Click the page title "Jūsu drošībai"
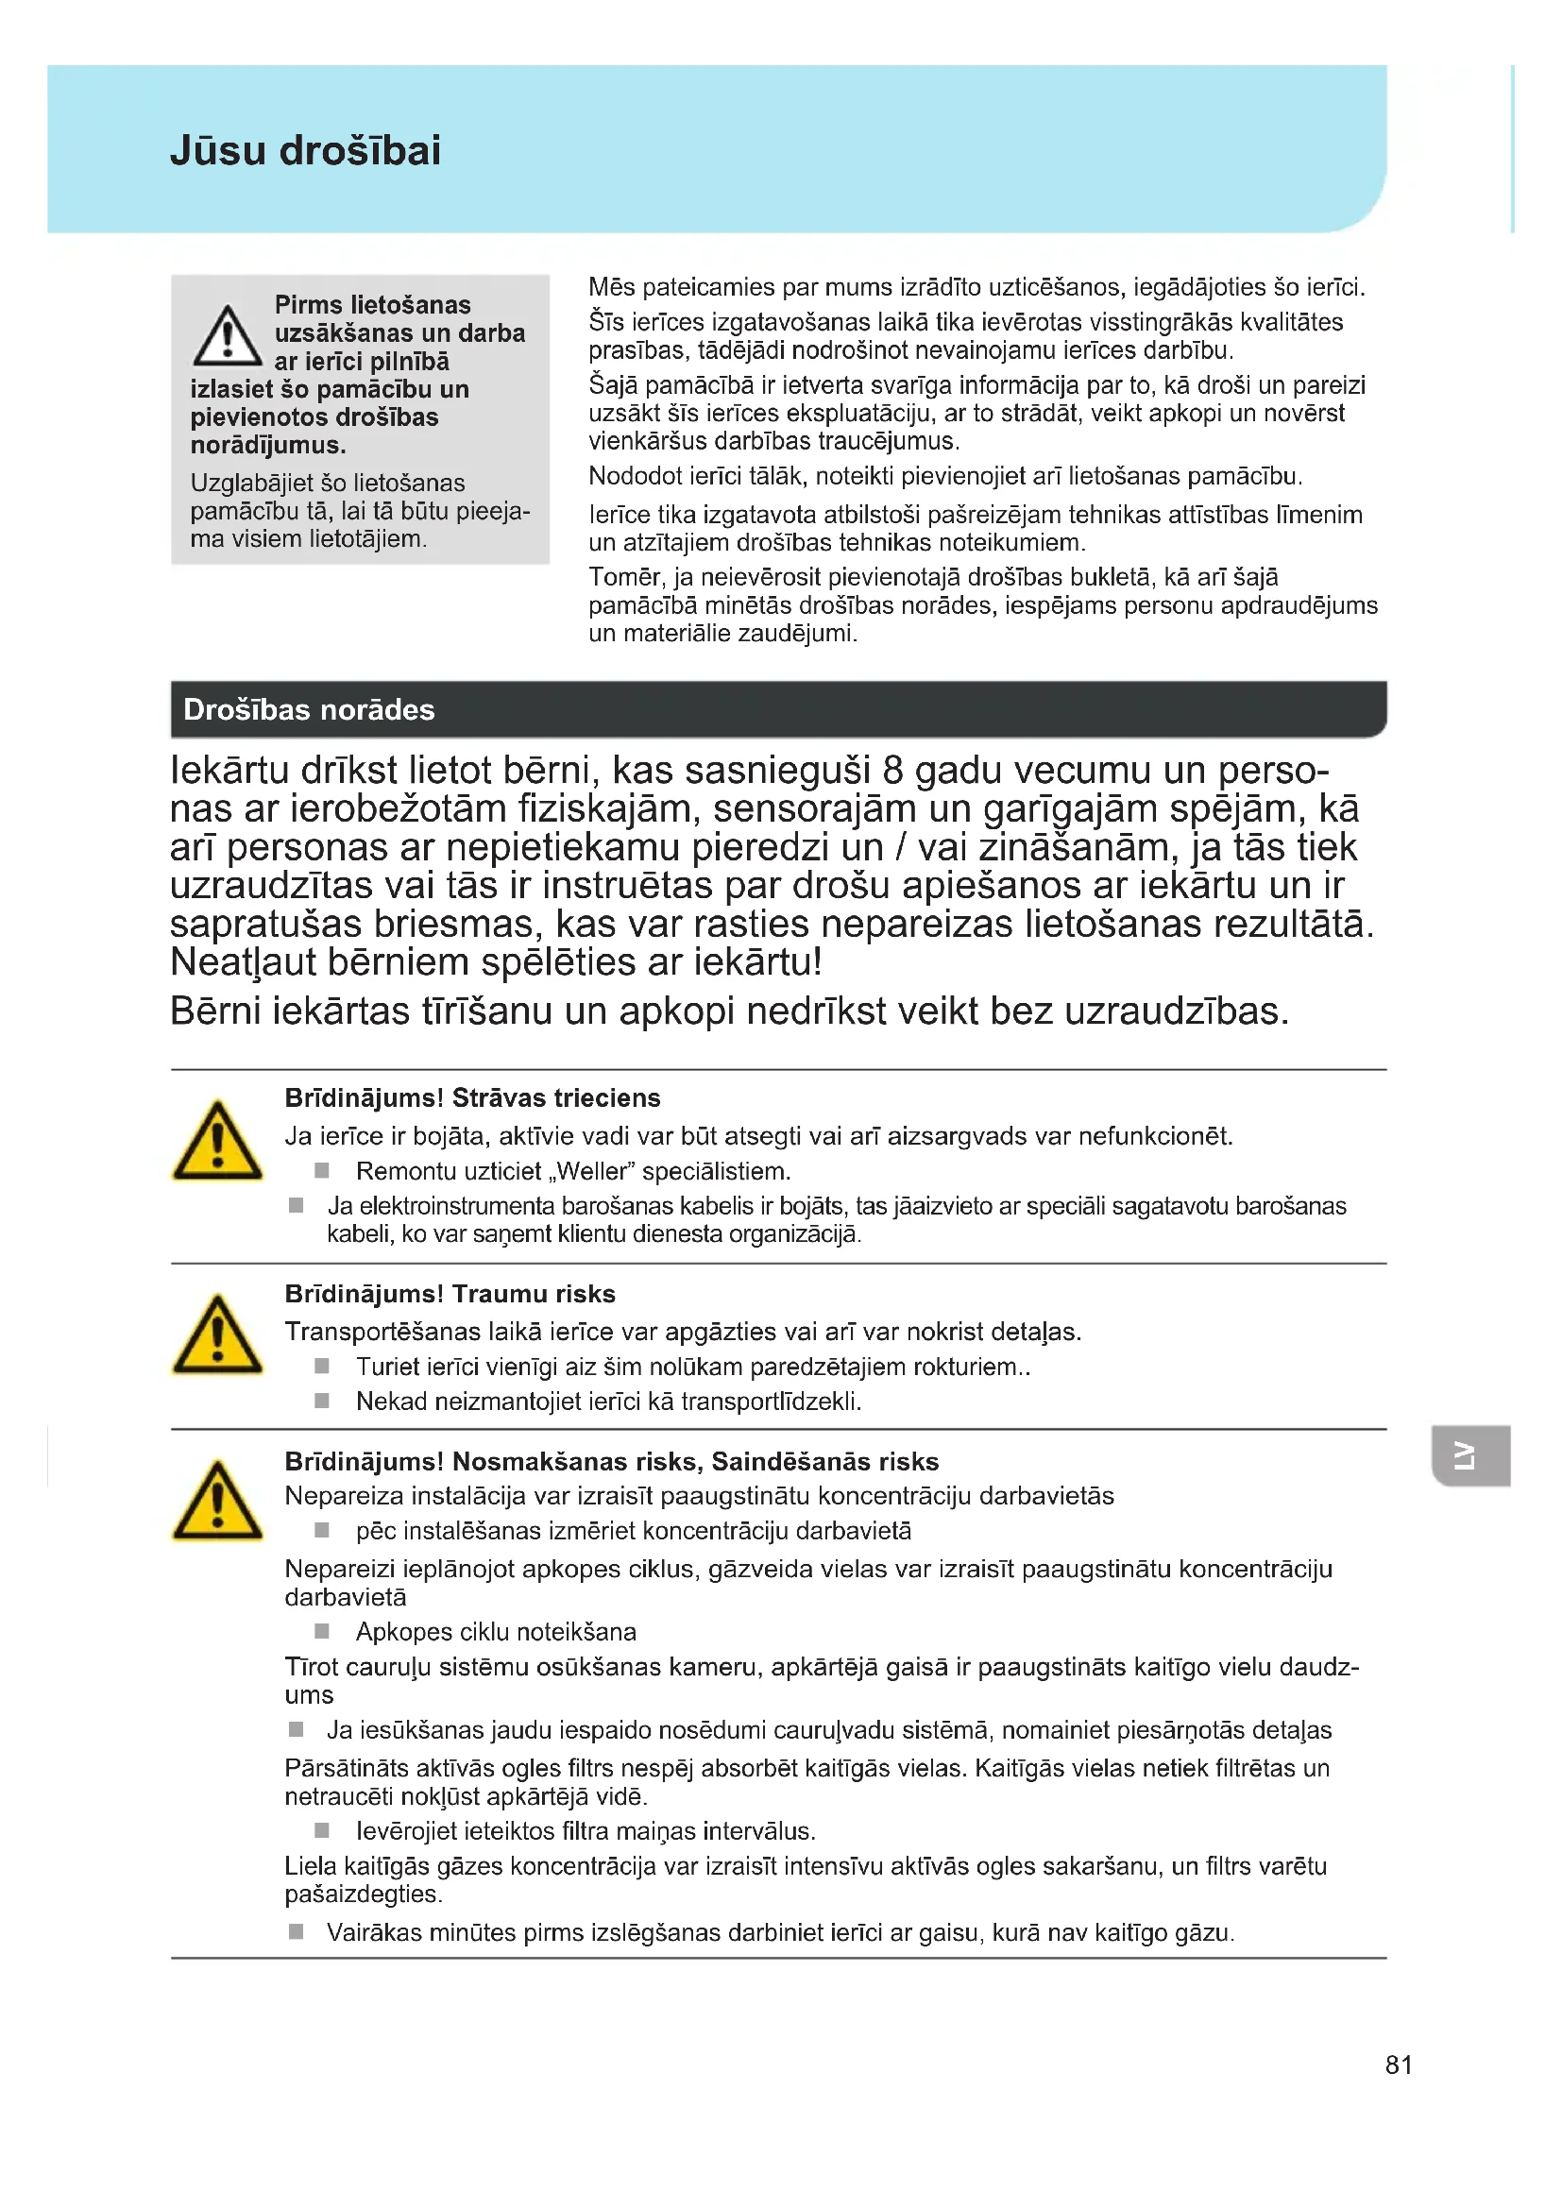click(x=305, y=151)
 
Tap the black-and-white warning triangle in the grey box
click(x=227, y=337)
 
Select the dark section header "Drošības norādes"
click(x=309, y=710)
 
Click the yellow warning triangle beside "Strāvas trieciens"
click(x=217, y=1142)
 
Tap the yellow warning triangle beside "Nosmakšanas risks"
click(x=217, y=1502)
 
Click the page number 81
click(x=1399, y=2065)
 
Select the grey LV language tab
click(x=1469, y=1455)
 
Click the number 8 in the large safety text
click(x=892, y=771)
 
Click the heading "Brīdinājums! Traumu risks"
click(x=450, y=1294)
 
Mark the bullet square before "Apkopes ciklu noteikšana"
click(x=322, y=1631)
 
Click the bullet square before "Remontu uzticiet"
click(x=322, y=1171)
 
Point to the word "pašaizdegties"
click(x=363, y=1895)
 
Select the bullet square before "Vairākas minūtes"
click(x=297, y=1932)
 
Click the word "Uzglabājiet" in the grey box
click(x=246, y=483)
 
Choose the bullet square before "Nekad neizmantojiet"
click(x=322, y=1401)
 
